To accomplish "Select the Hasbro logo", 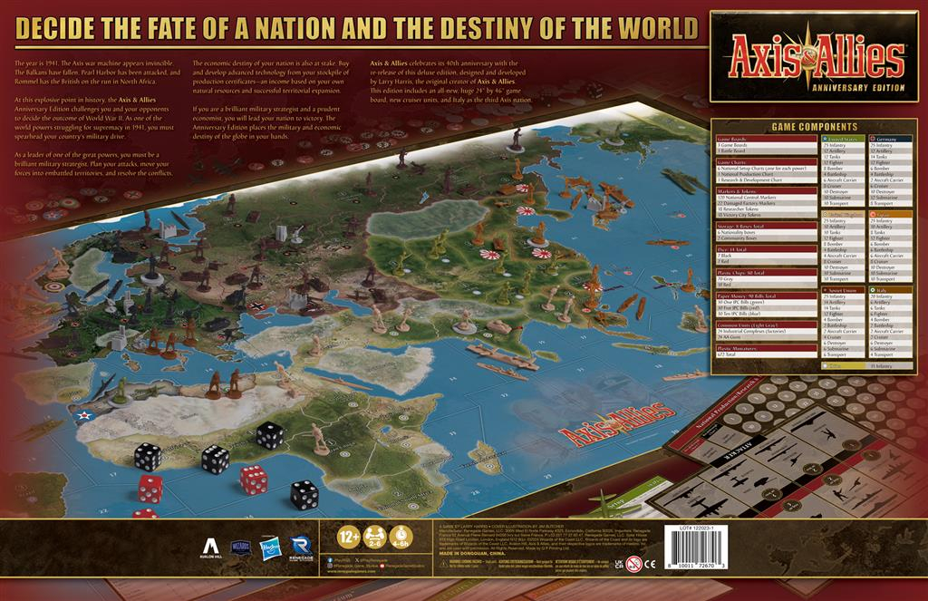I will point(269,547).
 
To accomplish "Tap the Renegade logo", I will point(301,547).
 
